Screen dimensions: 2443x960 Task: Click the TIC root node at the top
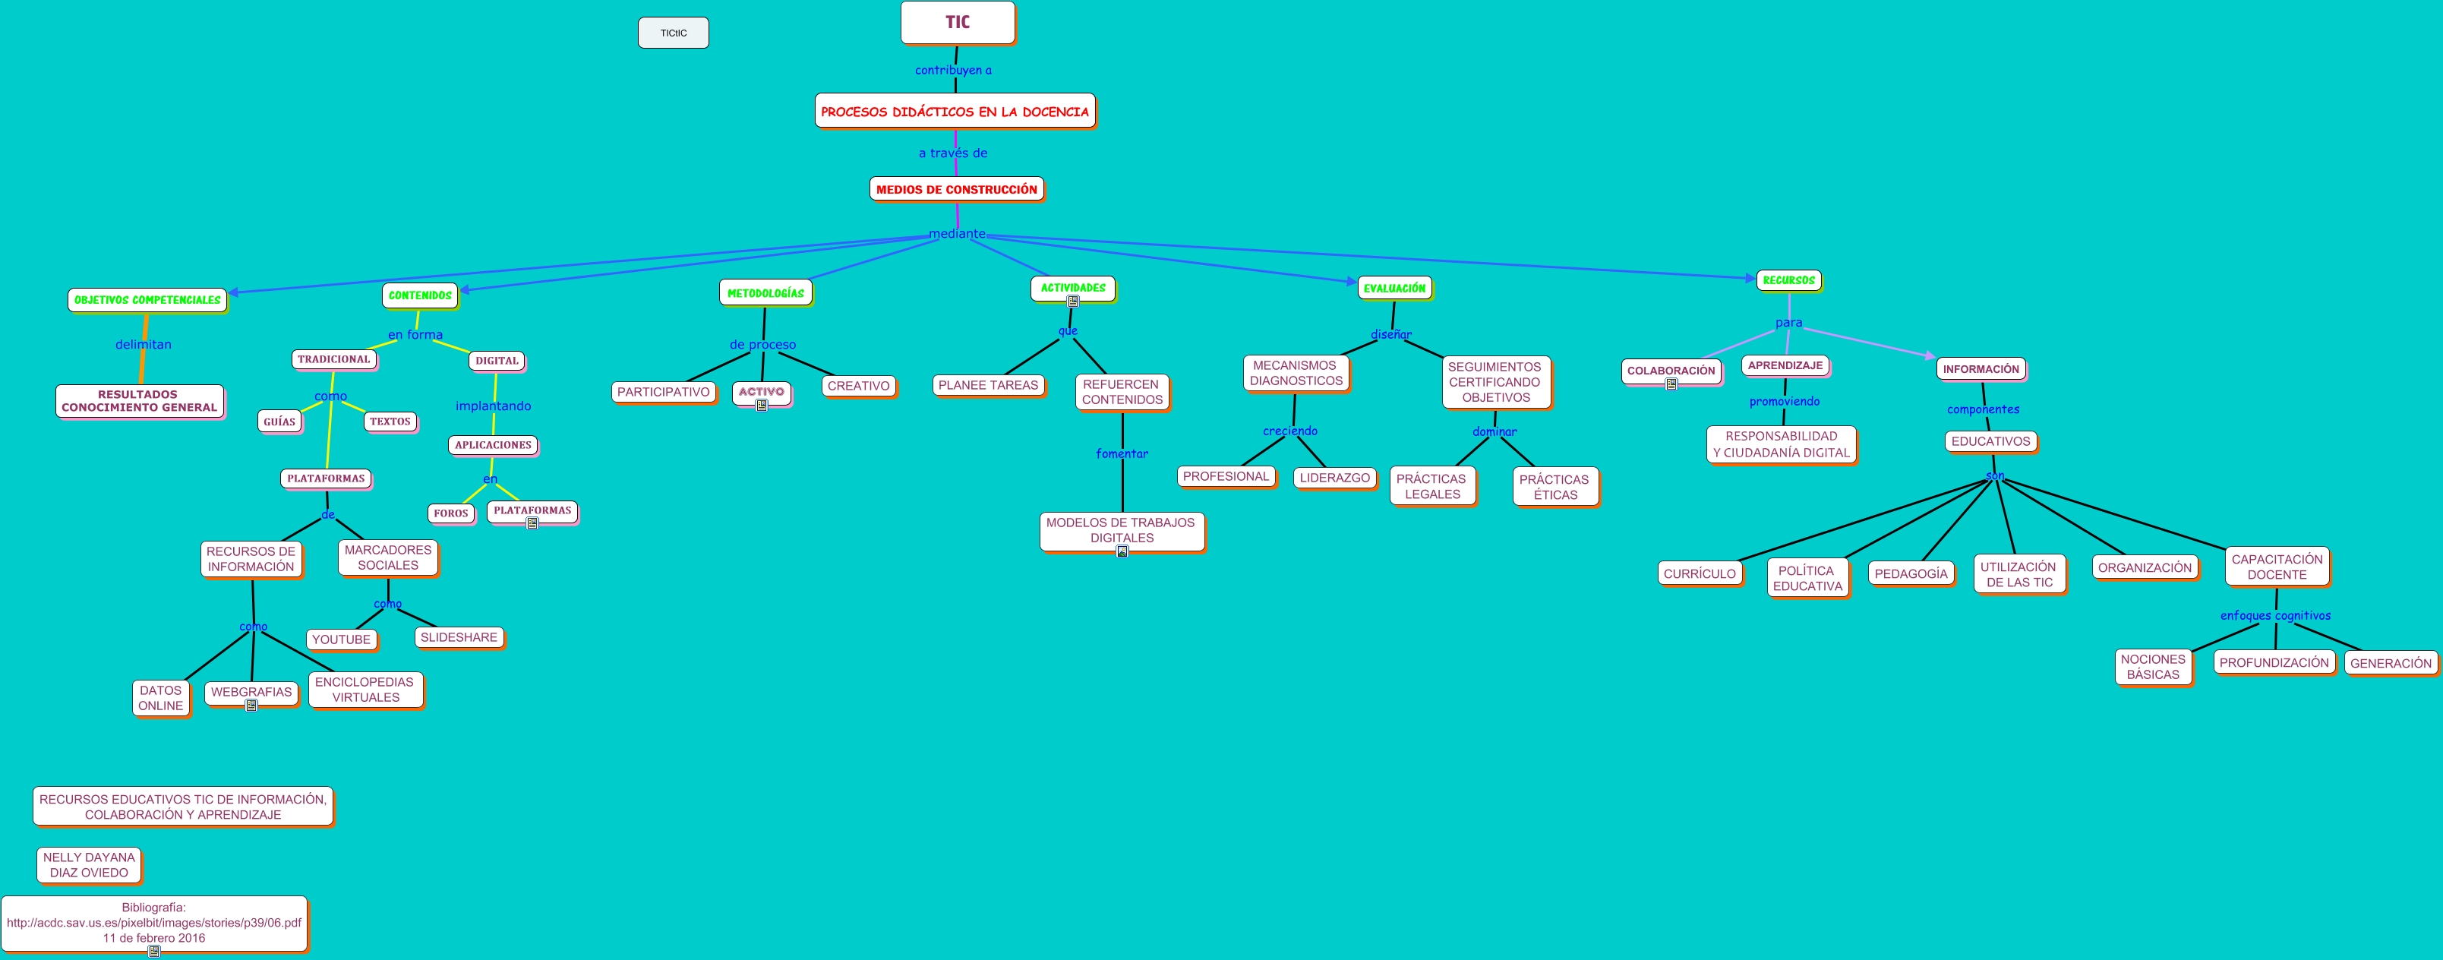(x=957, y=23)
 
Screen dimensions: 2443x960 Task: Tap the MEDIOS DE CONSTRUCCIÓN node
(x=956, y=189)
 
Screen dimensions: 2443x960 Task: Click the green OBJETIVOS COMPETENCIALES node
(x=147, y=300)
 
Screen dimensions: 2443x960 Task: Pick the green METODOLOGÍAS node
(x=765, y=293)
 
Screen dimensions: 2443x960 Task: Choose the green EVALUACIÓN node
(x=1394, y=287)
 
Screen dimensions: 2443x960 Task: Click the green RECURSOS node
(x=1788, y=279)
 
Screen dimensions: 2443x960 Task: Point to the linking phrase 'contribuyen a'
(x=953, y=70)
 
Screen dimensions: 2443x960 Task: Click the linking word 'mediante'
(x=956, y=233)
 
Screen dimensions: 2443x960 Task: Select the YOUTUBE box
(x=342, y=639)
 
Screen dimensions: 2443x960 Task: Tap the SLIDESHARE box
(x=458, y=637)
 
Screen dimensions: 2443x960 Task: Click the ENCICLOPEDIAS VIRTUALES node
(x=365, y=690)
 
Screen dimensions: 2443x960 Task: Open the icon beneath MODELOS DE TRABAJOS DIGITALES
(x=1121, y=551)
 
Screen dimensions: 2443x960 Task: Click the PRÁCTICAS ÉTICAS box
(x=1554, y=487)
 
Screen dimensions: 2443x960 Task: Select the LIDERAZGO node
(x=1334, y=477)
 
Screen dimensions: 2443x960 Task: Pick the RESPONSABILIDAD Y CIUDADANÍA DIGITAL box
(x=1780, y=444)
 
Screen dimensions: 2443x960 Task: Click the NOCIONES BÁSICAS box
(x=2153, y=667)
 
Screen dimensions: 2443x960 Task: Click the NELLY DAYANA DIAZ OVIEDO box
(x=89, y=865)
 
